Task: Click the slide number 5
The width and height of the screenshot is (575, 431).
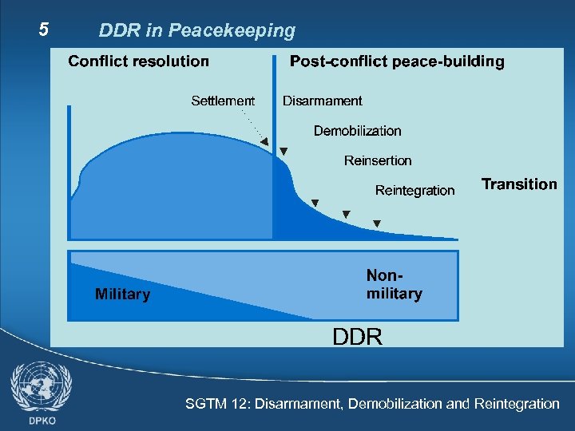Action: coord(45,30)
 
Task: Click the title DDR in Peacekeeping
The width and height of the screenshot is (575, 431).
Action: coord(196,31)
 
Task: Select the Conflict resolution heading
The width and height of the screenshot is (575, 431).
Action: coord(139,61)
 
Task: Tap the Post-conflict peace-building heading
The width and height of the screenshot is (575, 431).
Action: coord(397,61)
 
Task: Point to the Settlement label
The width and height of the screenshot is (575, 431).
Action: coord(223,101)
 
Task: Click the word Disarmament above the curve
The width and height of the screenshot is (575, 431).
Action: coord(322,101)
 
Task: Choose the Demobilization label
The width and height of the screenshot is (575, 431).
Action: coord(357,131)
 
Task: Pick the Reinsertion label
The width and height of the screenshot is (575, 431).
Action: coord(378,160)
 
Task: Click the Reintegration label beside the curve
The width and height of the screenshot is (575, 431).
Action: coord(414,190)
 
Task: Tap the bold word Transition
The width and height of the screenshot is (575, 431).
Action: coord(519,184)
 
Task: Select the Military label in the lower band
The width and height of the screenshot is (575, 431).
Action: coord(122,295)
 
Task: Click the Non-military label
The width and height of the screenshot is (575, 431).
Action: coord(394,284)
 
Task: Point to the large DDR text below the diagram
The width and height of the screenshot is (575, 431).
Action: coord(357,337)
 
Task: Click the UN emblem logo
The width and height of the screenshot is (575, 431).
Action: coord(41,386)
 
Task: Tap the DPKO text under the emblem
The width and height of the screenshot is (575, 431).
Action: coord(41,420)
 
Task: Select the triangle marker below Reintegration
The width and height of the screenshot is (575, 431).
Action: coord(377,223)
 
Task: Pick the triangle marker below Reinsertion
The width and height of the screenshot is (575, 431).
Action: coord(346,214)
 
